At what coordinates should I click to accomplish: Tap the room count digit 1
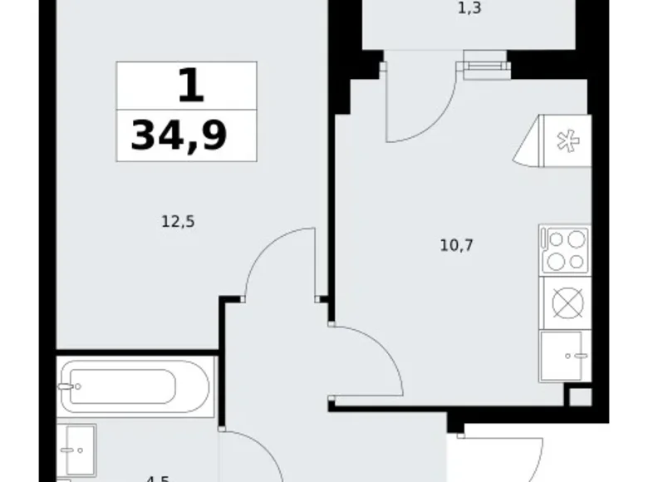189,86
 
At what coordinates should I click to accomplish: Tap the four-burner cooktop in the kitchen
564,250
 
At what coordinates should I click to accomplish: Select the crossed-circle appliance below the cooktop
565,302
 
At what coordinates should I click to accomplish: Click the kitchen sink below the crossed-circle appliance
565,356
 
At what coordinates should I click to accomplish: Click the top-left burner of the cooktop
554,240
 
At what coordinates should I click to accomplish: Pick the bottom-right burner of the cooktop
575,262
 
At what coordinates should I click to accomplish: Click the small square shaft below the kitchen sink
580,396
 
